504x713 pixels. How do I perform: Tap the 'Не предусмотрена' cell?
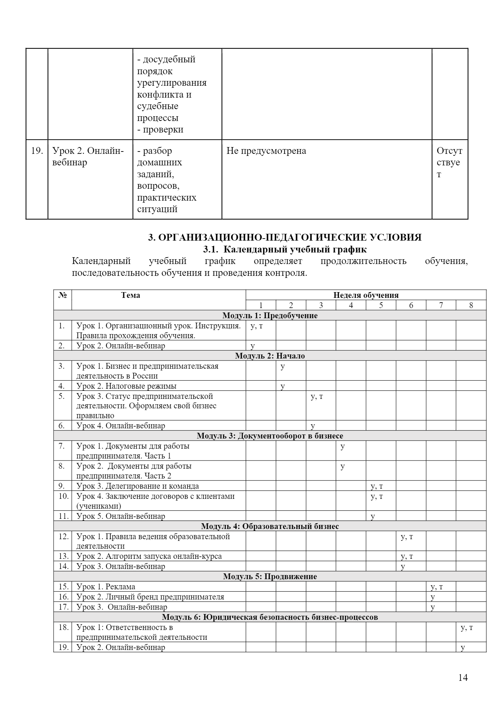[x=266, y=151]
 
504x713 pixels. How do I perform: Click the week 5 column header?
[x=381, y=305]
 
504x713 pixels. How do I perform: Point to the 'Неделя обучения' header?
[x=366, y=295]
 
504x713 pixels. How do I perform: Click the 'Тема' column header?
[x=130, y=295]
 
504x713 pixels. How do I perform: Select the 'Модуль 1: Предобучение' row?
[x=270, y=315]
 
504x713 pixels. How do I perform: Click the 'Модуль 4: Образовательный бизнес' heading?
[x=270, y=526]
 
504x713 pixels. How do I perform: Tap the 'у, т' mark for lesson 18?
[x=467, y=627]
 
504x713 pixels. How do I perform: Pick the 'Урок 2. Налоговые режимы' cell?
[x=126, y=386]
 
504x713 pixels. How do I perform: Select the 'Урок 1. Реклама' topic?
[x=106, y=587]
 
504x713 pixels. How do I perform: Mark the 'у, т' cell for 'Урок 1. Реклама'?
[x=437, y=587]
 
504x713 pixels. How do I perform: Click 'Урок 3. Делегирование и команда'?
[x=138, y=486]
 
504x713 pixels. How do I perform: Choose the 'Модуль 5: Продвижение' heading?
[x=270, y=576]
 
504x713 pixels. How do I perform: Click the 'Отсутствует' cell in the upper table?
[x=449, y=162]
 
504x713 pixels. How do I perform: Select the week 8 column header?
[x=471, y=305]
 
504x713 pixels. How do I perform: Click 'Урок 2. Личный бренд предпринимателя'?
[x=150, y=597]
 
